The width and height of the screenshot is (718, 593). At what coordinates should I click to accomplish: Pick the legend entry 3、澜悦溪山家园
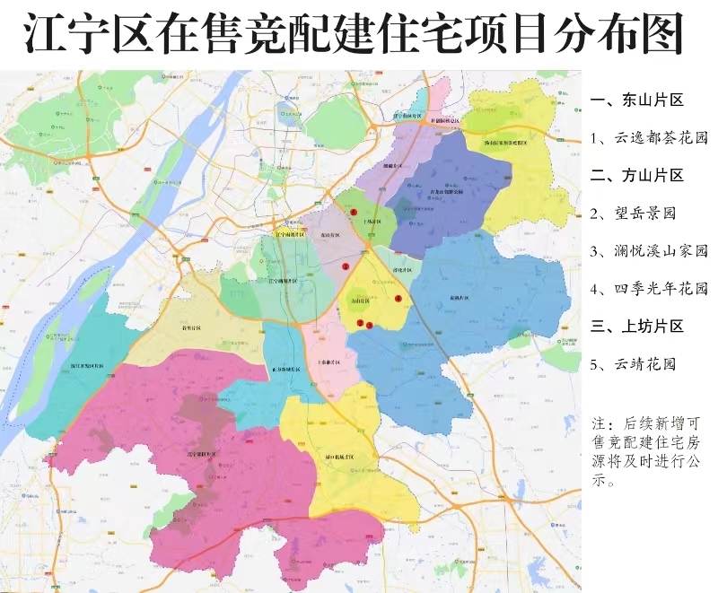coord(650,251)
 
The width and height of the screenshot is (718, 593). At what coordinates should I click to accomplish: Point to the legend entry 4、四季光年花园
coord(650,289)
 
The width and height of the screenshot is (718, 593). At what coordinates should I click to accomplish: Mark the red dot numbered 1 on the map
coord(345,266)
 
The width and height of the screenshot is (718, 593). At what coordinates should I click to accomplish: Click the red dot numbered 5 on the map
coord(355,211)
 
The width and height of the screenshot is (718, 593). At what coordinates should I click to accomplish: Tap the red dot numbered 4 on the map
coord(398,298)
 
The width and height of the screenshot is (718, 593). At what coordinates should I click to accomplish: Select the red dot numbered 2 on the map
coord(360,323)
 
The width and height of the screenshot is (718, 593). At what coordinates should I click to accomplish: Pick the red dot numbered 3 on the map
coord(369,325)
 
